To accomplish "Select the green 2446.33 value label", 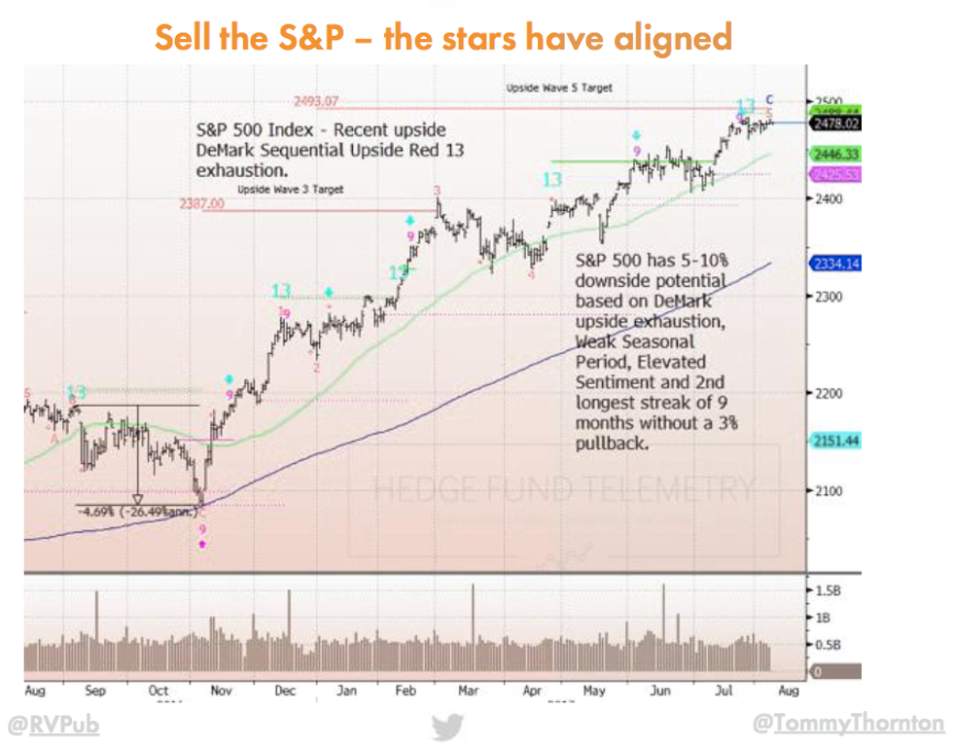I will click(x=833, y=154).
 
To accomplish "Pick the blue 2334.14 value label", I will click(x=833, y=264).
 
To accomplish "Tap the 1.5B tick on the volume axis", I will click(x=828, y=590).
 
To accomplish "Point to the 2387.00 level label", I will click(x=201, y=204).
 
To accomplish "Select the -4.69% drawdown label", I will click(x=137, y=511).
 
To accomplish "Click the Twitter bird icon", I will click(x=448, y=726).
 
